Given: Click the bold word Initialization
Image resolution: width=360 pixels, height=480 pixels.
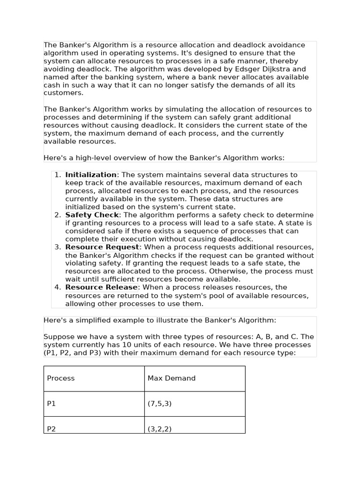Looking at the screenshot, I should click(x=91, y=175).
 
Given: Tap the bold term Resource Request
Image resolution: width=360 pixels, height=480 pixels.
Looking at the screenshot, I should click(x=102, y=247).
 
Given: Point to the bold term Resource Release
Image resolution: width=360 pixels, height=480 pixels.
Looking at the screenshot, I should click(x=101, y=287).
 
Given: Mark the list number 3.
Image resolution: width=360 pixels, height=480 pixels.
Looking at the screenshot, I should click(x=57, y=247).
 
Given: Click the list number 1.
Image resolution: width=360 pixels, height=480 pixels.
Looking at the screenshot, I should click(x=57, y=175).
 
